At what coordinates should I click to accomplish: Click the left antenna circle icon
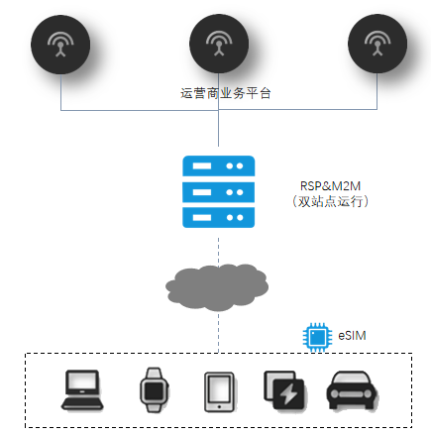pyautogui.click(x=60, y=45)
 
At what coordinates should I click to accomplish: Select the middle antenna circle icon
pyautogui.click(x=219, y=44)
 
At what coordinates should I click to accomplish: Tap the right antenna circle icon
pyautogui.click(x=377, y=44)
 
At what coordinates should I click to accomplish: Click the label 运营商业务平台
pyautogui.click(x=226, y=93)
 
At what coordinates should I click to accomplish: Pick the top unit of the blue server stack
pyautogui.click(x=219, y=165)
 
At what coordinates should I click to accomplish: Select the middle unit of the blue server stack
pyautogui.click(x=219, y=192)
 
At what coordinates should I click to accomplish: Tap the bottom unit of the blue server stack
pyautogui.click(x=219, y=218)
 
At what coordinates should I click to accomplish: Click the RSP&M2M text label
pyautogui.click(x=330, y=186)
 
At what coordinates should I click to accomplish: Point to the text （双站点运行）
pyautogui.click(x=330, y=201)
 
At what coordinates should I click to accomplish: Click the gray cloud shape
pyautogui.click(x=217, y=287)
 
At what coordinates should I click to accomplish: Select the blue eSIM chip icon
pyautogui.click(x=317, y=337)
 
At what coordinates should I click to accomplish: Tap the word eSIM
pyautogui.click(x=352, y=336)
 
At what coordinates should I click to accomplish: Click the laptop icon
pyautogui.click(x=82, y=390)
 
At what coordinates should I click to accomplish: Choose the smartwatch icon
pyautogui.click(x=154, y=389)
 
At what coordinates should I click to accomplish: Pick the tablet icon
pyautogui.click(x=219, y=392)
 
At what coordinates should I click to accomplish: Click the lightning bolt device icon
pyautogui.click(x=284, y=390)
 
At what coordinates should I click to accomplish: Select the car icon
pyautogui.click(x=353, y=390)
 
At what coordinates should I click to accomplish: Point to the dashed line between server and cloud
pyautogui.click(x=218, y=250)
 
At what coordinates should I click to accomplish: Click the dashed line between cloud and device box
pyautogui.click(x=218, y=333)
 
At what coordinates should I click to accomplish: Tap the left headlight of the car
pyautogui.click(x=335, y=394)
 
